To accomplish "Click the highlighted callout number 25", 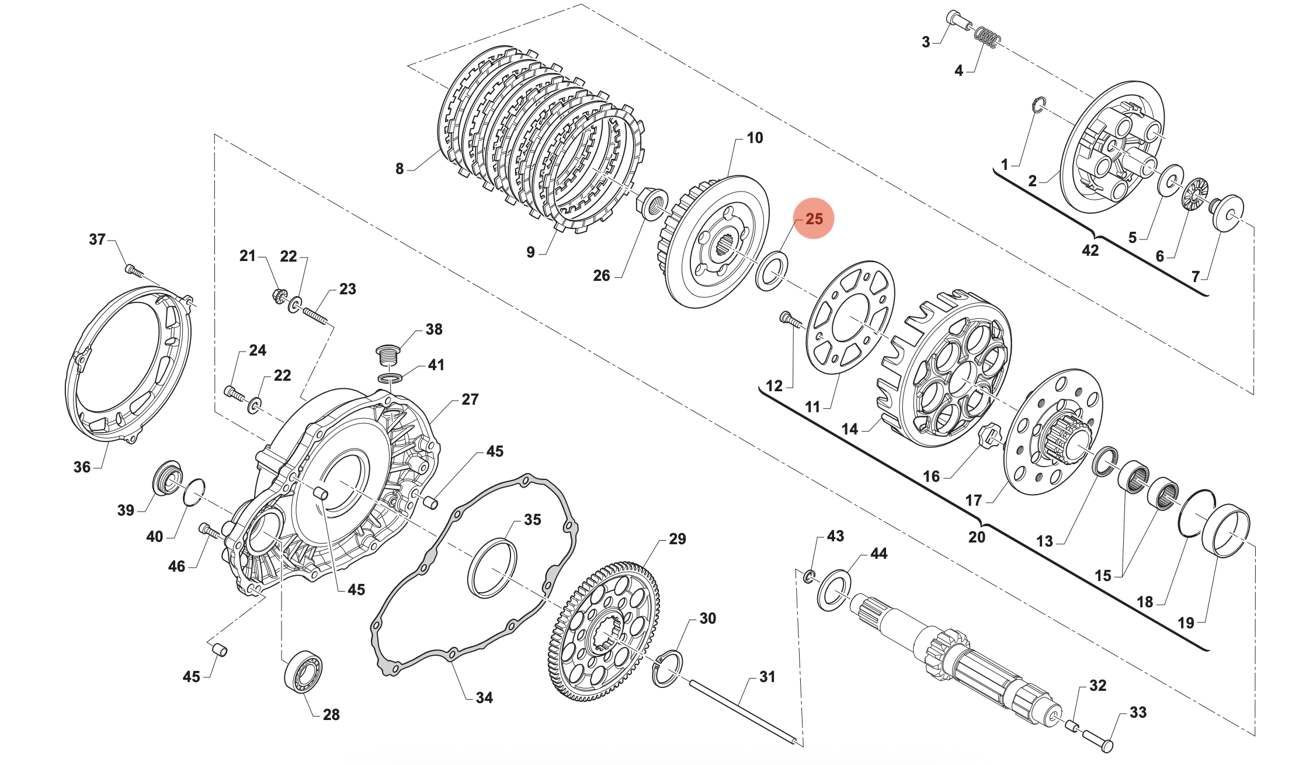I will (x=814, y=219).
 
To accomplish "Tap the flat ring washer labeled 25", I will (x=772, y=270).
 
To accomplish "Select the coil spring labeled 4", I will (x=987, y=37).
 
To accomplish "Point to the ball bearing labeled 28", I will (x=303, y=671).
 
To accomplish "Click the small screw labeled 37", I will (x=134, y=271).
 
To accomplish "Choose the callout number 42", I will (x=1090, y=251).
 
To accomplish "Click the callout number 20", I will (x=977, y=537).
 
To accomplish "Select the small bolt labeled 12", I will (x=789, y=319).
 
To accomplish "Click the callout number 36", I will (x=82, y=467).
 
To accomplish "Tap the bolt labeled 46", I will (x=209, y=530).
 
